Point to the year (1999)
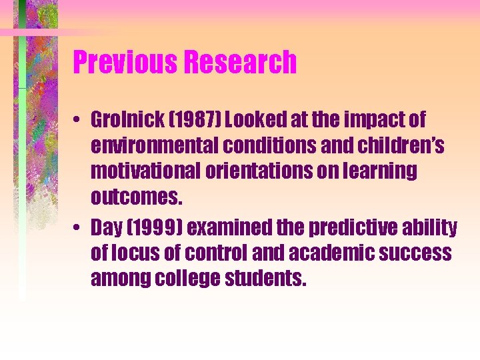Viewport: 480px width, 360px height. tap(155, 229)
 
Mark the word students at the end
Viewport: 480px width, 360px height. tap(267, 278)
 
